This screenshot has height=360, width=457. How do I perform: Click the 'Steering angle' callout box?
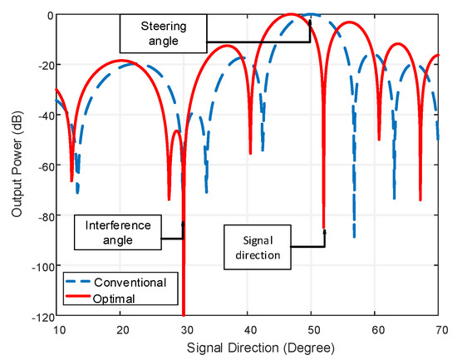[162, 30]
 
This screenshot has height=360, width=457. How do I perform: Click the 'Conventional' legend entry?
[130, 282]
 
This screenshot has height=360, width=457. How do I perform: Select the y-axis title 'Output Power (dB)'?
[17, 166]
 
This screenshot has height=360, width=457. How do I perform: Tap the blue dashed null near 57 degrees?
[354, 237]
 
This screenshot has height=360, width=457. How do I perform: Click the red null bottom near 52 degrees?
[323, 227]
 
